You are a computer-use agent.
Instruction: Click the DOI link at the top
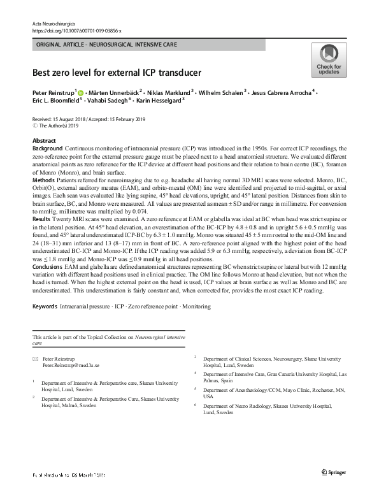pos(76,30)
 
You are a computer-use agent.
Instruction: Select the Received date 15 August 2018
pos(64,120)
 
